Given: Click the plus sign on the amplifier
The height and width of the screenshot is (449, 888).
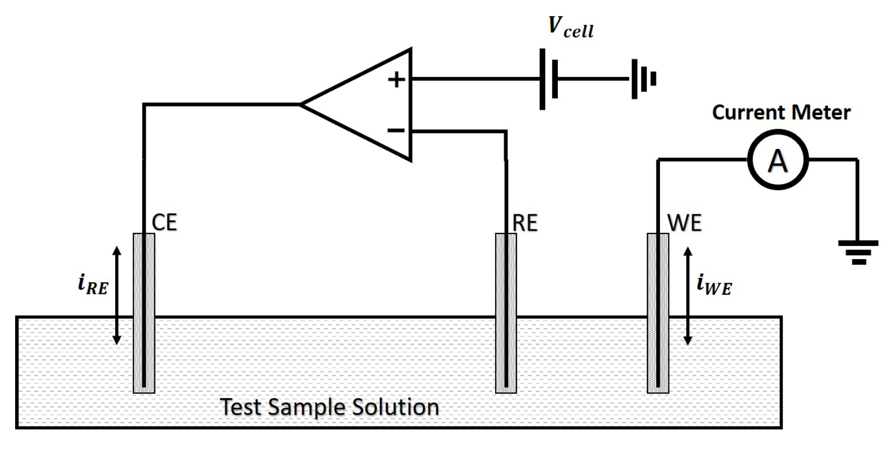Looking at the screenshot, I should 396,80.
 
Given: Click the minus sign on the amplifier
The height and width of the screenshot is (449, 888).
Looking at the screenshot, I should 396,130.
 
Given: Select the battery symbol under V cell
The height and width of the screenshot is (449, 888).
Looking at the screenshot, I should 549,79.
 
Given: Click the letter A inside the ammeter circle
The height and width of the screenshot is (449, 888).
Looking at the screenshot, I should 778,160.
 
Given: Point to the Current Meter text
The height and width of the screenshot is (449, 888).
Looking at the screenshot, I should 781,113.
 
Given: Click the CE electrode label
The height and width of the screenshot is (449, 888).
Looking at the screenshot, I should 164,223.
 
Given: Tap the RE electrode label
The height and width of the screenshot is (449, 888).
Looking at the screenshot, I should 525,223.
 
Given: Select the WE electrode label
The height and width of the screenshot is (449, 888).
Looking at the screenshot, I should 684,223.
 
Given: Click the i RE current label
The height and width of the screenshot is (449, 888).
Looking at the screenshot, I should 93,284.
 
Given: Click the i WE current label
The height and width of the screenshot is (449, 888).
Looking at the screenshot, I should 714,285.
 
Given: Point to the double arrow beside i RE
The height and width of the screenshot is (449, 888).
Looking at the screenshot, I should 117,296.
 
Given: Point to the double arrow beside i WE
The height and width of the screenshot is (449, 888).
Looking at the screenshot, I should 687,296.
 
